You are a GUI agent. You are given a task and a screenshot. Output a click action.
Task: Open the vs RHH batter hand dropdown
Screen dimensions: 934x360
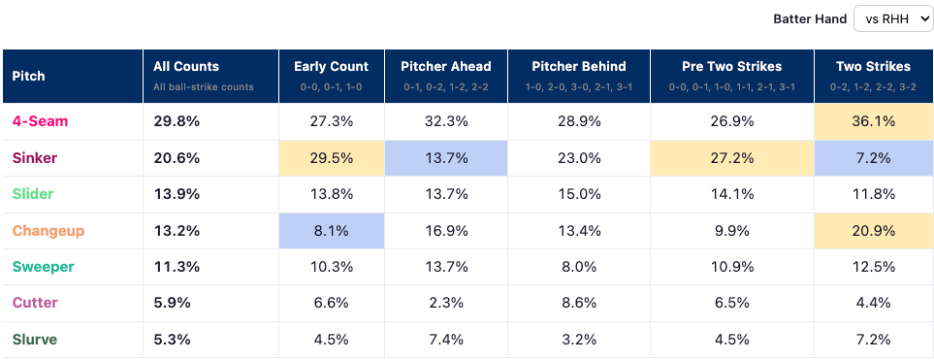pyautogui.click(x=892, y=19)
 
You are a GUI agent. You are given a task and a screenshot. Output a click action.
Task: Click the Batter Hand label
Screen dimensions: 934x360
pyautogui.click(x=810, y=19)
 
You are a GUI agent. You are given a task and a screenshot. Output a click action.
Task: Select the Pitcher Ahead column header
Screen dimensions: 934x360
pyautogui.click(x=445, y=77)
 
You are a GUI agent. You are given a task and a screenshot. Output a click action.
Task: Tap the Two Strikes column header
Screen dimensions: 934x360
pyautogui.click(x=873, y=77)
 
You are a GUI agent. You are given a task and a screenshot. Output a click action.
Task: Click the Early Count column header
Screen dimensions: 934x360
pyautogui.click(x=331, y=77)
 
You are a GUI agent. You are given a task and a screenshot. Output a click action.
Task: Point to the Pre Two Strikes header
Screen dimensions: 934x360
pyautogui.click(x=732, y=77)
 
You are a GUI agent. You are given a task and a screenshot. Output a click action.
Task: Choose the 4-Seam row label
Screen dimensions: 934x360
pyautogui.click(x=40, y=121)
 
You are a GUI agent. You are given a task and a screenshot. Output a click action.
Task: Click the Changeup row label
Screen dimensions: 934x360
pyautogui.click(x=48, y=231)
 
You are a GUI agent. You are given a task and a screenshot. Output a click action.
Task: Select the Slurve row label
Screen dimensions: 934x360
pyautogui.click(x=35, y=340)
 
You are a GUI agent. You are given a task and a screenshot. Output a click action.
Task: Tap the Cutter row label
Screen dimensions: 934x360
pyautogui.click(x=35, y=304)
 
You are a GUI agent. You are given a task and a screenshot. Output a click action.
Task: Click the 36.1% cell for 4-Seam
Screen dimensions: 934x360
pyautogui.click(x=873, y=121)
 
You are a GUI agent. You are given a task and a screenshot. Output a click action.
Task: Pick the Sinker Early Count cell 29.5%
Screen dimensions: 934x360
pyautogui.click(x=331, y=158)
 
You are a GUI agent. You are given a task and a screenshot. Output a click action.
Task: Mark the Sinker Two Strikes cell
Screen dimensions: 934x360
pyautogui.click(x=873, y=158)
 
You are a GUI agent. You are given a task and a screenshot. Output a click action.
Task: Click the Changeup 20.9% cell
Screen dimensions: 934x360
pyautogui.click(x=873, y=231)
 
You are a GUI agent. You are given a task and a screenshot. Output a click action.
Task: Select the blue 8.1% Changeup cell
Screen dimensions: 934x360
pyautogui.click(x=331, y=231)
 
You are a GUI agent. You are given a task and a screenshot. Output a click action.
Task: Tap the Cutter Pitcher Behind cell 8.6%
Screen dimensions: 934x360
pyautogui.click(x=578, y=304)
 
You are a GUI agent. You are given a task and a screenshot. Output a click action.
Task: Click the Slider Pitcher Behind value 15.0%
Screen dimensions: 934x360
pyautogui.click(x=578, y=194)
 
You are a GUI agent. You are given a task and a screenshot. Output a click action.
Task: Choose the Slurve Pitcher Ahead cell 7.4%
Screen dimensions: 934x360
pyautogui.click(x=445, y=340)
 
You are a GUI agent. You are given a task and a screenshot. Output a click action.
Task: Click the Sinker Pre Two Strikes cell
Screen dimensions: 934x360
pyautogui.click(x=732, y=158)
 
